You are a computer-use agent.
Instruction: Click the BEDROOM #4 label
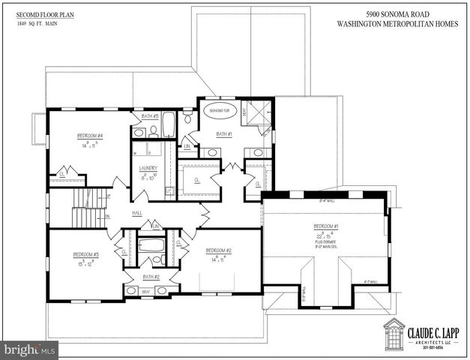pyautogui.click(x=89, y=136)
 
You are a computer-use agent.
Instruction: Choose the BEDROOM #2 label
pyautogui.click(x=218, y=250)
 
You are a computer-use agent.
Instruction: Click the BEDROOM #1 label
pyautogui.click(x=326, y=226)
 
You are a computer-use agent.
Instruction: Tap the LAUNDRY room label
pyautogui.click(x=148, y=167)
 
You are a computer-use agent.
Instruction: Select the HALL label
pyautogui.click(x=137, y=213)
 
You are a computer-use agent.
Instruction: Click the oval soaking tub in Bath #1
pyautogui.click(x=220, y=110)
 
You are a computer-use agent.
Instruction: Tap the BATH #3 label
pyautogui.click(x=149, y=116)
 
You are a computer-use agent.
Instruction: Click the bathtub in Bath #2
pyautogui.click(x=152, y=245)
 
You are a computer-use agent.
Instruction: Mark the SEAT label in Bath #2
pyautogui.click(x=146, y=292)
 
